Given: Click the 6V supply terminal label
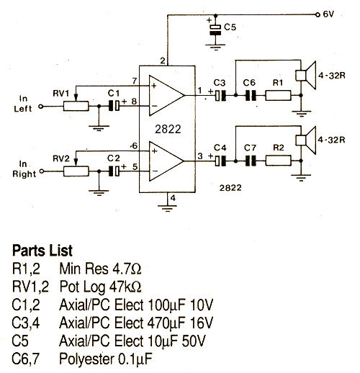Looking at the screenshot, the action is pos(328,14).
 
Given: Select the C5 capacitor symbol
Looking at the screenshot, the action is pos(215,30).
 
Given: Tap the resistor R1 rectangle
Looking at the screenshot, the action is pos(278,95).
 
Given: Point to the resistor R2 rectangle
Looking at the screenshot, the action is pos(279,161).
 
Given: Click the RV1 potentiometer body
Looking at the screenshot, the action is pos(76,106).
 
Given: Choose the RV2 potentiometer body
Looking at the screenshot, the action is pos(76,171).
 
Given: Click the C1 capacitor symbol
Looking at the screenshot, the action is pos(114,106).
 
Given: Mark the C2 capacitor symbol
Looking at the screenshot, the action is pos(114,171).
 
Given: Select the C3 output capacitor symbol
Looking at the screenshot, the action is pos(220,95).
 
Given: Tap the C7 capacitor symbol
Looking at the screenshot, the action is pos(251,161).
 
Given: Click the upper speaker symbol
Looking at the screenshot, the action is pos(305,76).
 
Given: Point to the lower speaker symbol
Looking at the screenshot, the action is pos(305,140).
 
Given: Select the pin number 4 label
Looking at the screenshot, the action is pos(173,198).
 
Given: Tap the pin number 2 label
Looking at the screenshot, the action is pos(163,60).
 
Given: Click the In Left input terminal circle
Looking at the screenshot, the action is pos(41,107).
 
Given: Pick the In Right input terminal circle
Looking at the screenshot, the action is pos(42,171).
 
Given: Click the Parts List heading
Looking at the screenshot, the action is pos(42,251).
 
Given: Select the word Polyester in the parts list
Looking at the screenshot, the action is pos(87,359).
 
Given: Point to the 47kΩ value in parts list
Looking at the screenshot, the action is pos(125,287).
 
